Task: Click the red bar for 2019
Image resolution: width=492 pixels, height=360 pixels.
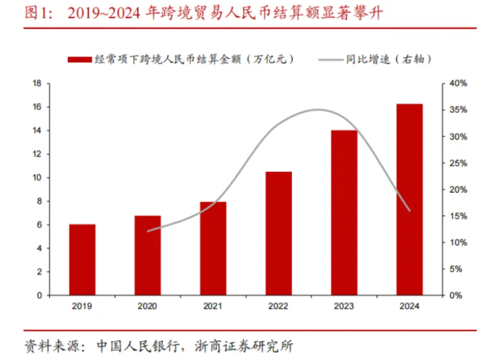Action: click(x=82, y=260)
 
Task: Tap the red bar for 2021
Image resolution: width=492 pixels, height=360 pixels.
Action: click(x=213, y=249)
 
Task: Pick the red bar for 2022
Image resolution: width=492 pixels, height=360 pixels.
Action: click(x=279, y=233)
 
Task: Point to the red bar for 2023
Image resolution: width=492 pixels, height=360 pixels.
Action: click(x=344, y=213)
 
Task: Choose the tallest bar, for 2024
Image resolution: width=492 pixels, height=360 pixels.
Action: click(x=409, y=200)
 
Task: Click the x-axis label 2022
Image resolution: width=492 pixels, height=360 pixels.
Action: click(x=279, y=307)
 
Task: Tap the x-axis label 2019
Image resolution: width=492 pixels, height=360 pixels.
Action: click(x=82, y=307)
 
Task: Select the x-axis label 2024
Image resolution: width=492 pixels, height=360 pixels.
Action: click(x=409, y=307)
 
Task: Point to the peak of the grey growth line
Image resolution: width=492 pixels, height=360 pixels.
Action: click(x=317, y=110)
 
